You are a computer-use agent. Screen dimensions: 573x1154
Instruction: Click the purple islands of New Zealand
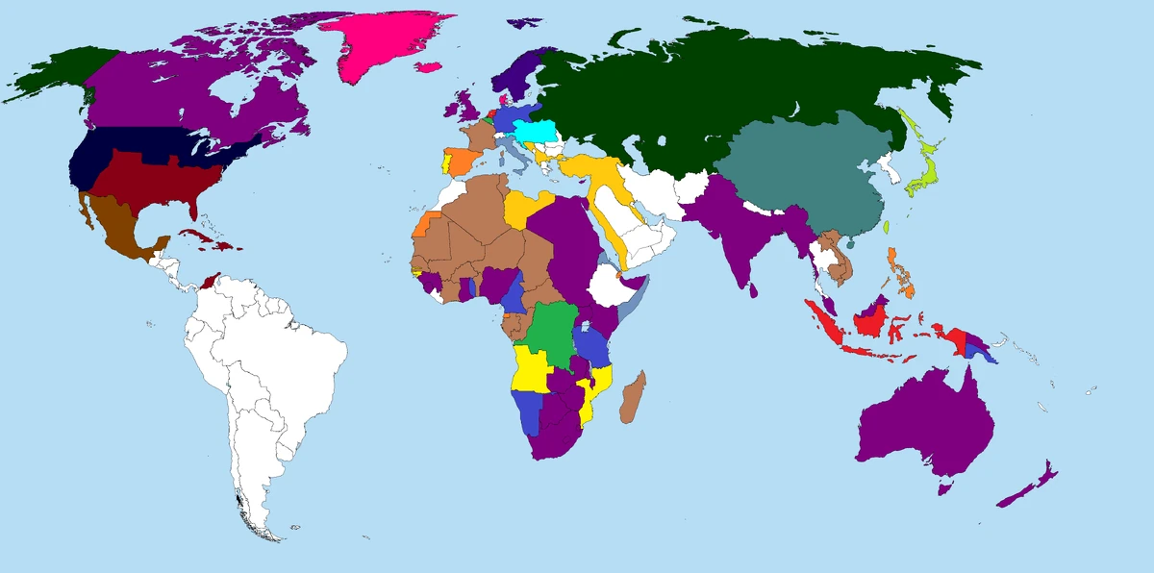[1029, 486]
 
